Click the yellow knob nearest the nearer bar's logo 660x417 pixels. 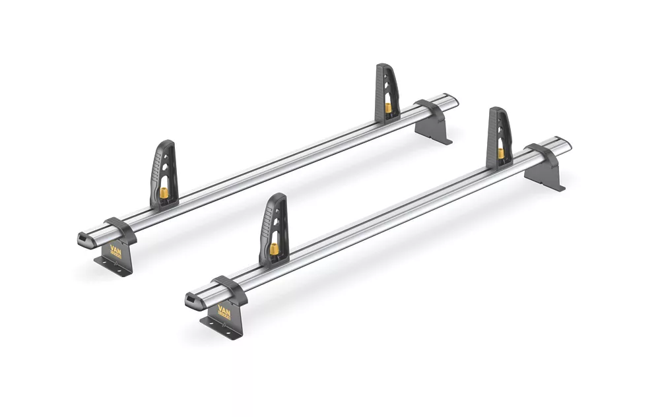pos(273,249)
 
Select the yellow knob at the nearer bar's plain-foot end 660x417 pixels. pos(501,153)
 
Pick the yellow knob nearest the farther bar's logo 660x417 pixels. pos(164,193)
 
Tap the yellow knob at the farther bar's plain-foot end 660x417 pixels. pos(388,108)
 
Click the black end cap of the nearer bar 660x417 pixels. pos(193,302)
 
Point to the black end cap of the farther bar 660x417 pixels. pos(84,240)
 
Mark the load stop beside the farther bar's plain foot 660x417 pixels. pos(387,92)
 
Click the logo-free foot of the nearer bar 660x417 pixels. pos(545,169)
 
